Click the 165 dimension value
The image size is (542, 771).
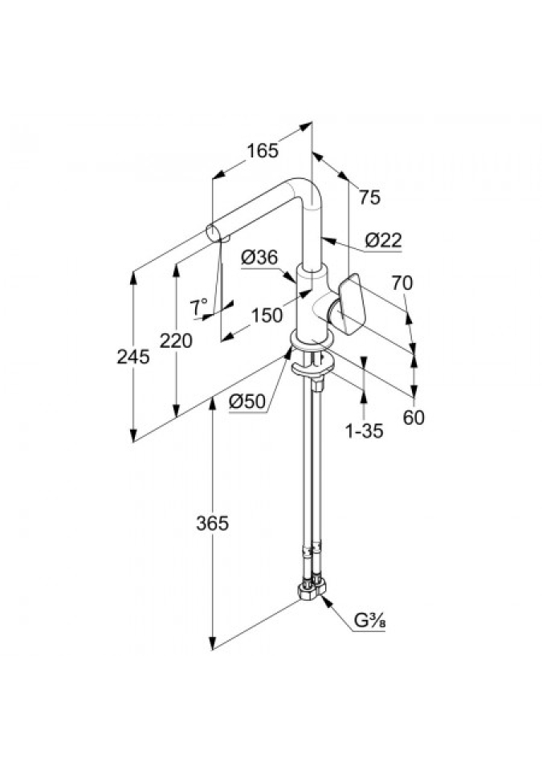262,150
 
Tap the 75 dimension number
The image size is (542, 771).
369,197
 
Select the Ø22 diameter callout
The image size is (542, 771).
382,239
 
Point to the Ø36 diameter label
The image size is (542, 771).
259,258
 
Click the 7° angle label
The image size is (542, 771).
198,306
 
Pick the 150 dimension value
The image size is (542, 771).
267,316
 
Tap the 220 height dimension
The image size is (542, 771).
176,341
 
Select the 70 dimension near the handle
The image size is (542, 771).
402,282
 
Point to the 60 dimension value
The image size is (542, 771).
414,418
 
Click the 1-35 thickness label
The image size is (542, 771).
364,431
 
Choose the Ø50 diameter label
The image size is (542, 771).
247,402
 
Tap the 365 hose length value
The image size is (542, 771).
213,524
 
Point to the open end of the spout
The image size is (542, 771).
211,231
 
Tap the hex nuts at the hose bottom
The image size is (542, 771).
312,592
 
